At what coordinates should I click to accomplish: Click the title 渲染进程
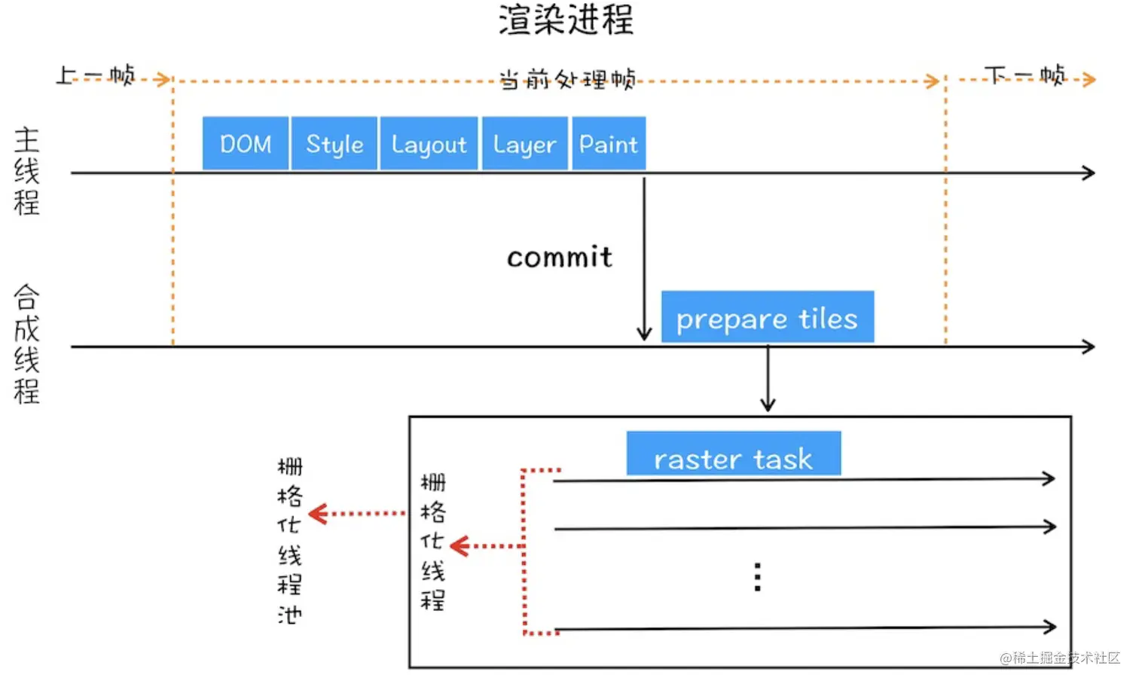566,20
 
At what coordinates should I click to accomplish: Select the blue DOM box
246,143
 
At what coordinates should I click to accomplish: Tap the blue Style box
334,143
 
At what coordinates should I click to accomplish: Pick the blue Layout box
429,143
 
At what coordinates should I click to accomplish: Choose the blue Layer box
524,143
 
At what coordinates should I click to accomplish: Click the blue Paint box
609,143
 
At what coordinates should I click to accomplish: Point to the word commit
559,258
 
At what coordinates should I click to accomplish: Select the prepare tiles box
767,317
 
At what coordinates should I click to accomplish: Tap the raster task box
733,453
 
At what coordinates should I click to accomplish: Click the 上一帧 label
96,75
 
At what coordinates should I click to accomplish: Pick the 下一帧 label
1025,75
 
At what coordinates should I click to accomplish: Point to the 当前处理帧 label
567,78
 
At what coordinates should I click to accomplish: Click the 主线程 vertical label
26,171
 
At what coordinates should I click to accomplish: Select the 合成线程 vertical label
26,344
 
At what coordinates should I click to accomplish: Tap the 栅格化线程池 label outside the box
289,540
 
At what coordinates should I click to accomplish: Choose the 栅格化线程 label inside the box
432,541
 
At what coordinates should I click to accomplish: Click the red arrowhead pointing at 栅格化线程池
317,514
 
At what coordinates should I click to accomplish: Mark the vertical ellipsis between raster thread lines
757,576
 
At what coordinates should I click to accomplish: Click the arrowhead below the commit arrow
644,333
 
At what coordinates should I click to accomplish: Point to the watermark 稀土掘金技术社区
1060,658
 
